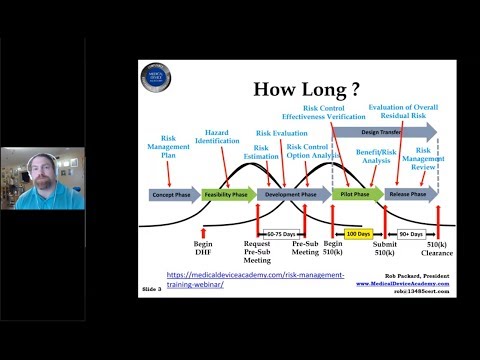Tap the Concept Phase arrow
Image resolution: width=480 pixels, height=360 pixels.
[173, 195]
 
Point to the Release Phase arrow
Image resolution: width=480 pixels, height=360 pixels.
[409, 195]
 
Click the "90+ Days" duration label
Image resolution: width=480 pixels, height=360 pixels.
[411, 232]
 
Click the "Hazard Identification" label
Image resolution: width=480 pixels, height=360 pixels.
[222, 137]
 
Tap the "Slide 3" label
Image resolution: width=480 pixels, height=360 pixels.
[151, 292]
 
